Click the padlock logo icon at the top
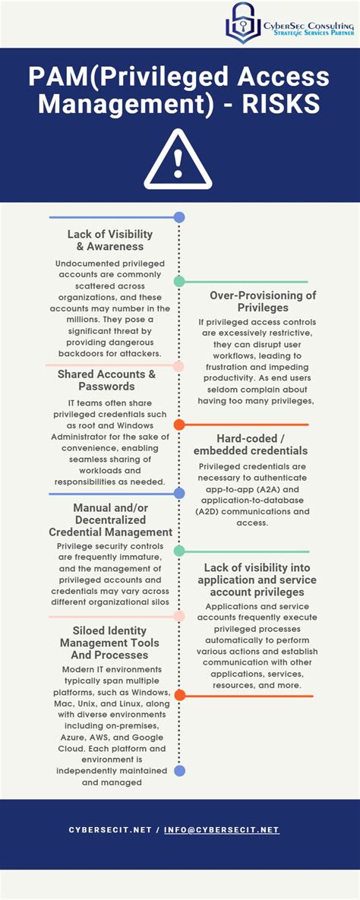point(243,22)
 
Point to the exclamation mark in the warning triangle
point(179,161)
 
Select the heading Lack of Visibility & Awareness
point(110,240)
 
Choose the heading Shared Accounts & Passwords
point(106,381)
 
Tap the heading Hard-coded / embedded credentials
point(251,444)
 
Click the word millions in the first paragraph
point(73,320)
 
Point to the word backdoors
point(84,353)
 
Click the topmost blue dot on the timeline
point(179,217)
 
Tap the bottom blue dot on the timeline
point(179,771)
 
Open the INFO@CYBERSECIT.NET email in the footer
point(225,830)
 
